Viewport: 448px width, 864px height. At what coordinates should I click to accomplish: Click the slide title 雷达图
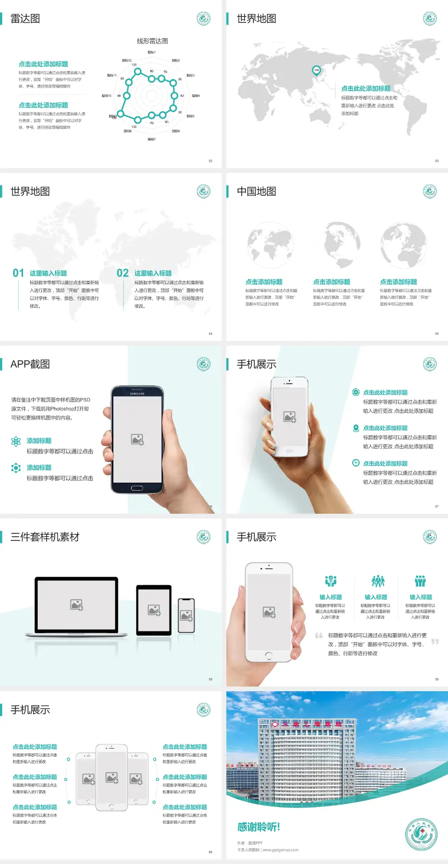pyautogui.click(x=25, y=19)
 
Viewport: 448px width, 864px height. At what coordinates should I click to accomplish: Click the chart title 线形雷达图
pyautogui.click(x=152, y=41)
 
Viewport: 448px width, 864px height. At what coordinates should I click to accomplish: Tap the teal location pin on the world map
pyautogui.click(x=316, y=71)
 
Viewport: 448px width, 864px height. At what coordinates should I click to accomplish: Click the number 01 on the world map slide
pyautogui.click(x=18, y=273)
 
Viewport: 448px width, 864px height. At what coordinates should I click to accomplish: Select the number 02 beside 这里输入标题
pyautogui.click(x=122, y=273)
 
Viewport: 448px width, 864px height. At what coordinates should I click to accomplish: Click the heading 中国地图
pyautogui.click(x=256, y=191)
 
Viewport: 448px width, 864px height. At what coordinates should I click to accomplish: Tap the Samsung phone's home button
pyautogui.click(x=137, y=488)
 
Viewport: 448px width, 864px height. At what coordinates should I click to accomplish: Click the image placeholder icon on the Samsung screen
pyautogui.click(x=137, y=439)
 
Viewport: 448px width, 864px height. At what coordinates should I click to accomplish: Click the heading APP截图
pyautogui.click(x=30, y=364)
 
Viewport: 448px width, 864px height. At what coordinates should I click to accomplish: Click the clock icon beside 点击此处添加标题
pyautogui.click(x=356, y=463)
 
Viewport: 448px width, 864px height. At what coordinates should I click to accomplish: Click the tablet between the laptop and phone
pyautogui.click(x=154, y=609)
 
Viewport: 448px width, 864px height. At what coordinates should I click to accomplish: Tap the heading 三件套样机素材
pyautogui.click(x=45, y=537)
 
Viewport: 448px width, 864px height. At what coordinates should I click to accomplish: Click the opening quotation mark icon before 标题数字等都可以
pyautogui.click(x=319, y=635)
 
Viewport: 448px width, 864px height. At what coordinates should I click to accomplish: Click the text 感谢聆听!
pyautogui.click(x=259, y=827)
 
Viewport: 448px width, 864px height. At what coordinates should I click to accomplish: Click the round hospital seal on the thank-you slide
pyautogui.click(x=421, y=834)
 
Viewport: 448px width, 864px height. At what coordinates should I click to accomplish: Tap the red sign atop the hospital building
pyautogui.click(x=306, y=724)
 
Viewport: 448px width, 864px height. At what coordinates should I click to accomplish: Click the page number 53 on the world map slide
pyautogui.click(x=437, y=161)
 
